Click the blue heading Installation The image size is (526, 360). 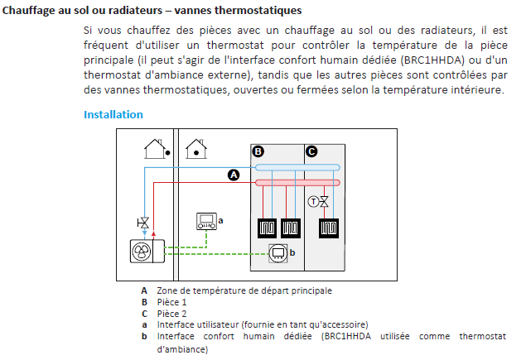(x=113, y=115)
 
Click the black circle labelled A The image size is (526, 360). (x=234, y=175)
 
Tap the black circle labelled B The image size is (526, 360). (x=258, y=151)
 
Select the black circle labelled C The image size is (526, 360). (x=311, y=151)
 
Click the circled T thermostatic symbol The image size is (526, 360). (x=313, y=202)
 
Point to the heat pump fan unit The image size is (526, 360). (x=147, y=251)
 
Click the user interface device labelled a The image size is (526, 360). (x=206, y=221)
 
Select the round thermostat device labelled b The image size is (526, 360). (x=278, y=253)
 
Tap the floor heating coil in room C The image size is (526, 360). (x=328, y=228)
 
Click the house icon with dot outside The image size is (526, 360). (x=157, y=149)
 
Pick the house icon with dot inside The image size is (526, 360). (x=196, y=149)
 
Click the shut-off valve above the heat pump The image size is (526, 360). (x=143, y=223)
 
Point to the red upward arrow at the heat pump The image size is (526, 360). (x=153, y=233)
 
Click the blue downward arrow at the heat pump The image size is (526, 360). (x=145, y=233)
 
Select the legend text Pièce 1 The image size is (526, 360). (x=171, y=302)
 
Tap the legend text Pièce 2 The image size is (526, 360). (x=171, y=314)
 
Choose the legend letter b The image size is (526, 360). (x=144, y=336)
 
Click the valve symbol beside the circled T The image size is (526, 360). (x=324, y=202)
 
